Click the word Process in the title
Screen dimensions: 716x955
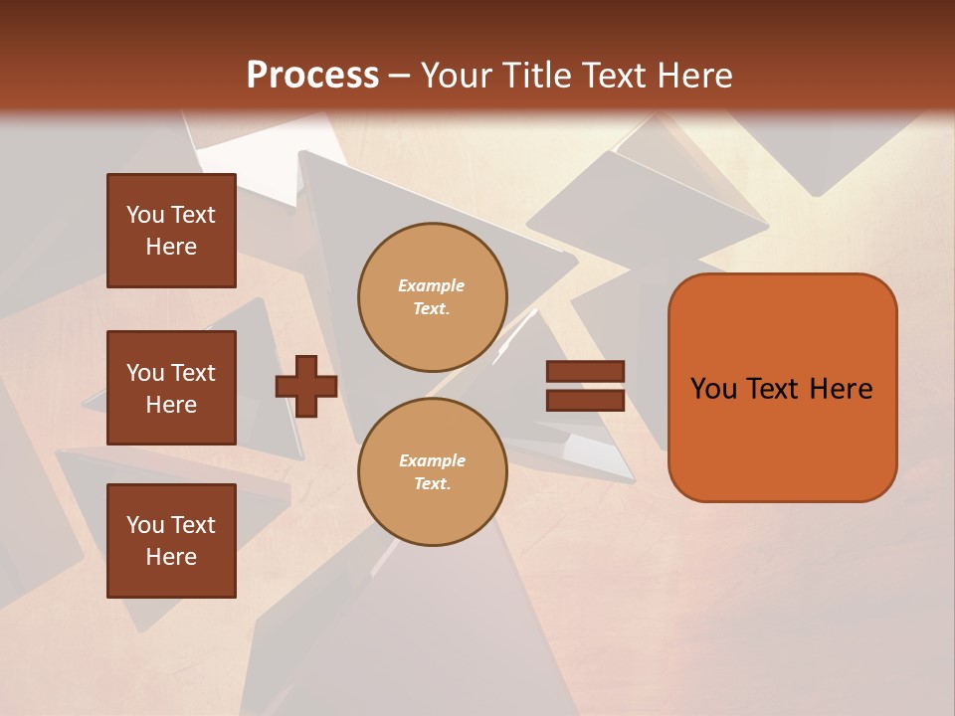312,76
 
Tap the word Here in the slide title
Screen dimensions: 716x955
690,76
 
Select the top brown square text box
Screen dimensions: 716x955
171,231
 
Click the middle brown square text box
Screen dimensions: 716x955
171,388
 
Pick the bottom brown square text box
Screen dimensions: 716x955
171,541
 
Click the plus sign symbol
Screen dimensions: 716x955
306,387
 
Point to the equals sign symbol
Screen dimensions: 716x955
585,386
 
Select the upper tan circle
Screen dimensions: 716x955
433,297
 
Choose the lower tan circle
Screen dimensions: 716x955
433,472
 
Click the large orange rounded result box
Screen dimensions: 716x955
782,388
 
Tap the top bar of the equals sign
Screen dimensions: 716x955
585,372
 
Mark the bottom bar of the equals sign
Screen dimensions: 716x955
585,400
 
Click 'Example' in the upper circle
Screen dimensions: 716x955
432,285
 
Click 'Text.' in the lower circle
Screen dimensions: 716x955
432,484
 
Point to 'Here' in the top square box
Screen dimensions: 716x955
171,247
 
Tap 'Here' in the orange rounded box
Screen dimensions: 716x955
841,389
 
